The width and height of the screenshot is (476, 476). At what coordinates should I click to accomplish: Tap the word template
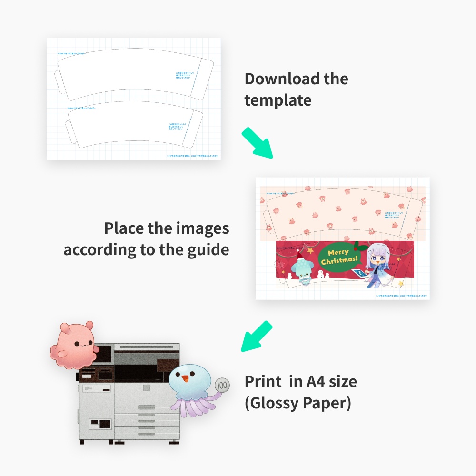[278, 100]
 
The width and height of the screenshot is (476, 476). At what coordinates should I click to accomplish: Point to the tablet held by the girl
[360, 273]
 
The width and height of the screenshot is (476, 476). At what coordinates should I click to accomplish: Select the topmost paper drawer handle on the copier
[146, 407]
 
